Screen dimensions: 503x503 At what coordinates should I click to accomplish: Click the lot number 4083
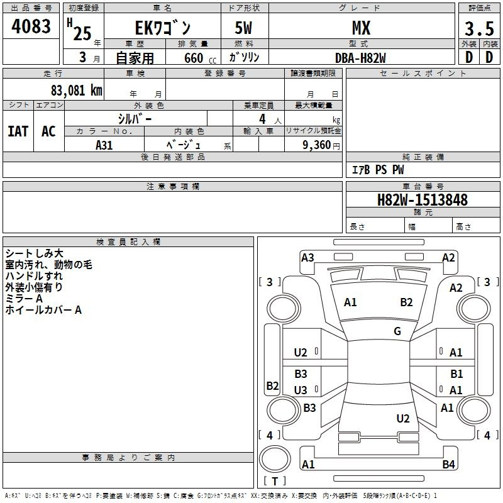click(31, 27)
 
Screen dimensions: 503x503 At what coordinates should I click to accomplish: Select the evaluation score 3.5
click(478, 29)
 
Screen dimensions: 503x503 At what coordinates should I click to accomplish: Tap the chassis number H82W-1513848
click(422, 200)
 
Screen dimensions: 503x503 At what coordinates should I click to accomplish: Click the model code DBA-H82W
click(360, 57)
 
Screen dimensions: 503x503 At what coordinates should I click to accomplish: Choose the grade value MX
click(360, 28)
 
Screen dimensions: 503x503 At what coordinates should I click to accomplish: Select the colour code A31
click(104, 145)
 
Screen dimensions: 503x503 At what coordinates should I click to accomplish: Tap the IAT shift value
click(18, 131)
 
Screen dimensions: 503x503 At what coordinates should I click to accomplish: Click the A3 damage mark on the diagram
click(307, 257)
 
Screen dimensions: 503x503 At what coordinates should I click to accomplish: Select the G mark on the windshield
click(397, 331)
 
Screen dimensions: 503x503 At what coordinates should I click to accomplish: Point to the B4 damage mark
click(448, 465)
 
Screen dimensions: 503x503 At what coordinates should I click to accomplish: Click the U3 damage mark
click(301, 390)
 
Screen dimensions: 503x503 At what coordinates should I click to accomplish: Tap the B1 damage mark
click(456, 374)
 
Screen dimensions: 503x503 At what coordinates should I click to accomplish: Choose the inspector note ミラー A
click(24, 298)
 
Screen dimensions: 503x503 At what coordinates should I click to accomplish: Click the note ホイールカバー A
click(43, 309)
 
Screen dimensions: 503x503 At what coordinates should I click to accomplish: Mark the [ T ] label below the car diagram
click(275, 482)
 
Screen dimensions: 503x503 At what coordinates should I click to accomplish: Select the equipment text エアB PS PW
click(377, 170)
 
